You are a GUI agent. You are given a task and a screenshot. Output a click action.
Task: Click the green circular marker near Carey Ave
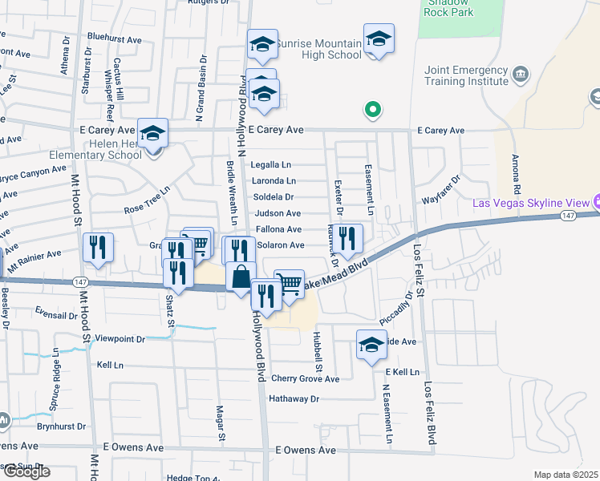click(x=372, y=110)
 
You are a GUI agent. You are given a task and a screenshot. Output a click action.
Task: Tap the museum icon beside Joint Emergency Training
click(x=521, y=75)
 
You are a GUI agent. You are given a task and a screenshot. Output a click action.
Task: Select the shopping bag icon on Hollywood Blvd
click(x=241, y=277)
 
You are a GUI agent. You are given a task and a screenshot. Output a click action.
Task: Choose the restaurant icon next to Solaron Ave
click(x=347, y=237)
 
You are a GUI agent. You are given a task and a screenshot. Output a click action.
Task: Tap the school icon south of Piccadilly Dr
click(x=371, y=345)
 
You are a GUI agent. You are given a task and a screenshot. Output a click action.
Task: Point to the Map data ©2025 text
click(x=566, y=475)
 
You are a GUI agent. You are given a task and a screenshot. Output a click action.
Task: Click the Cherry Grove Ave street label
click(x=305, y=379)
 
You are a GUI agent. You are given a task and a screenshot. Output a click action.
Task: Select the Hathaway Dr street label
click(x=294, y=398)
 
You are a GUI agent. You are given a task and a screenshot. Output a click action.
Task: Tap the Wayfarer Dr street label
click(x=442, y=191)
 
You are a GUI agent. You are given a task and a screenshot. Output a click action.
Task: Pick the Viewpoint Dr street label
click(x=120, y=339)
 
